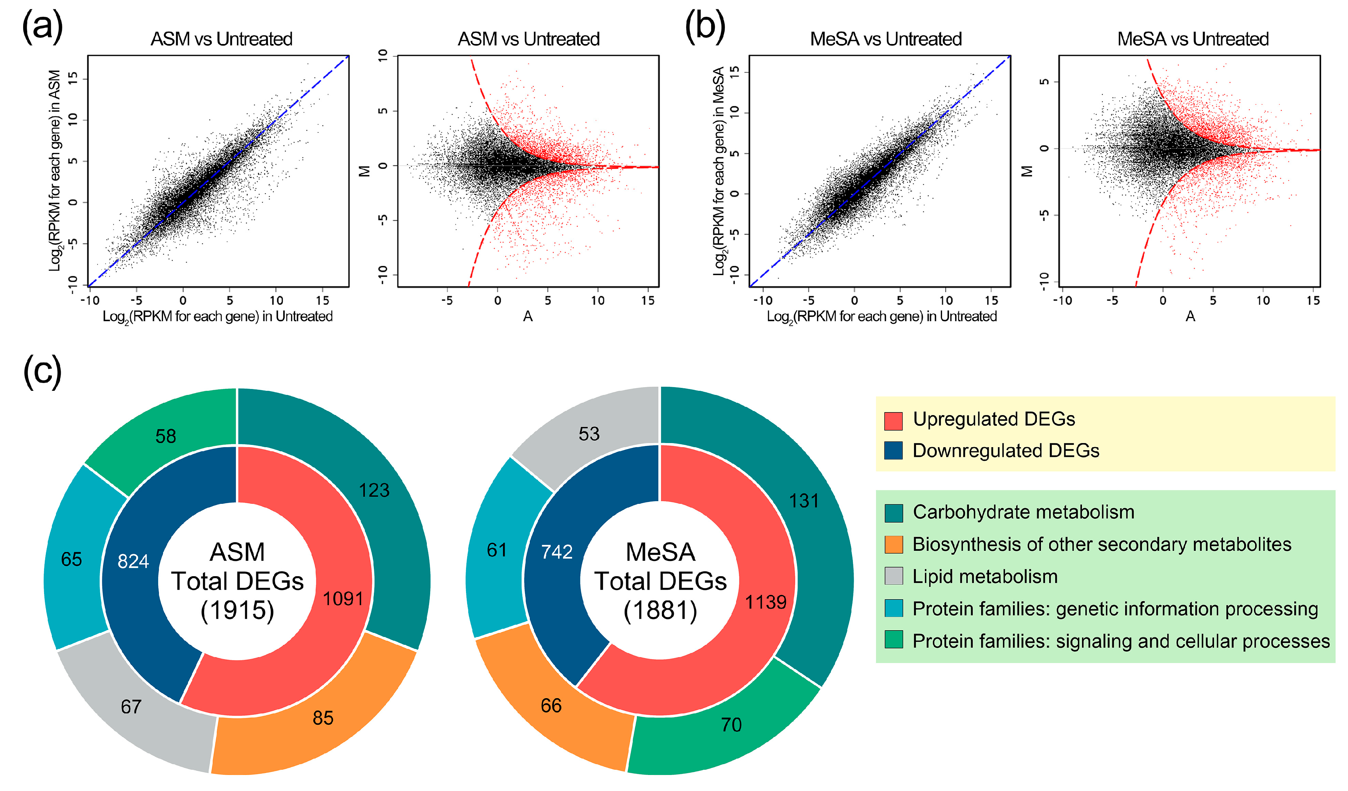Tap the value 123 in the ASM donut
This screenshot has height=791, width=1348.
[374, 490]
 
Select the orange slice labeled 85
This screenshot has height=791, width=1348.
[323, 718]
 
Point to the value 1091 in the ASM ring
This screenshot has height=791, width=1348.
[343, 599]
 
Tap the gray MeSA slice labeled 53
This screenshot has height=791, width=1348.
[589, 434]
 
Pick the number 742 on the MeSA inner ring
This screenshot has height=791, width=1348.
[557, 552]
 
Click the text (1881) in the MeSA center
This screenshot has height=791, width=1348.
[661, 610]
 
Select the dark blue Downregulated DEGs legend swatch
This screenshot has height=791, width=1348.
[893, 450]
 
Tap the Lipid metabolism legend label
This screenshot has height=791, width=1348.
[985, 577]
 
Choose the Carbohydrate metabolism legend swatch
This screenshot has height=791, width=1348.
[893, 513]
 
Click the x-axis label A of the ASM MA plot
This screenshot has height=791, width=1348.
[528, 317]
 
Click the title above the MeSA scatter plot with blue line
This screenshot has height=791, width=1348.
[886, 39]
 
